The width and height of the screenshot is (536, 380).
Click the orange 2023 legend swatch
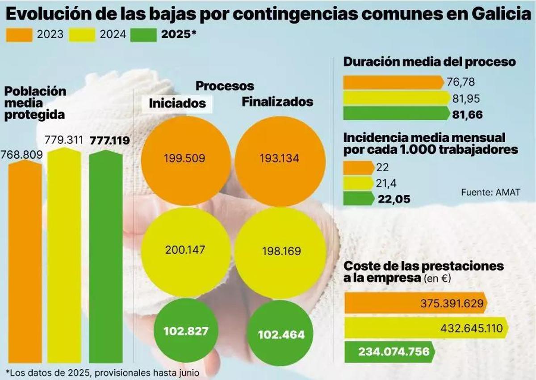coord(19,35)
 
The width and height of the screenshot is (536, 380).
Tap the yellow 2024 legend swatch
coord(82,35)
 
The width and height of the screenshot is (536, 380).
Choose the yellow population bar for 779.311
coord(64,256)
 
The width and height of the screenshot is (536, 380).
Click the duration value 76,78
coord(461,82)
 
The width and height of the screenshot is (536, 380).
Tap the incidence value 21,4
coord(387,183)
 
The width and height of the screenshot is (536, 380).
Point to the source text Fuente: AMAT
coord(490,192)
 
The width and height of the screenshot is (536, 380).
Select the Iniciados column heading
coord(177,103)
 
